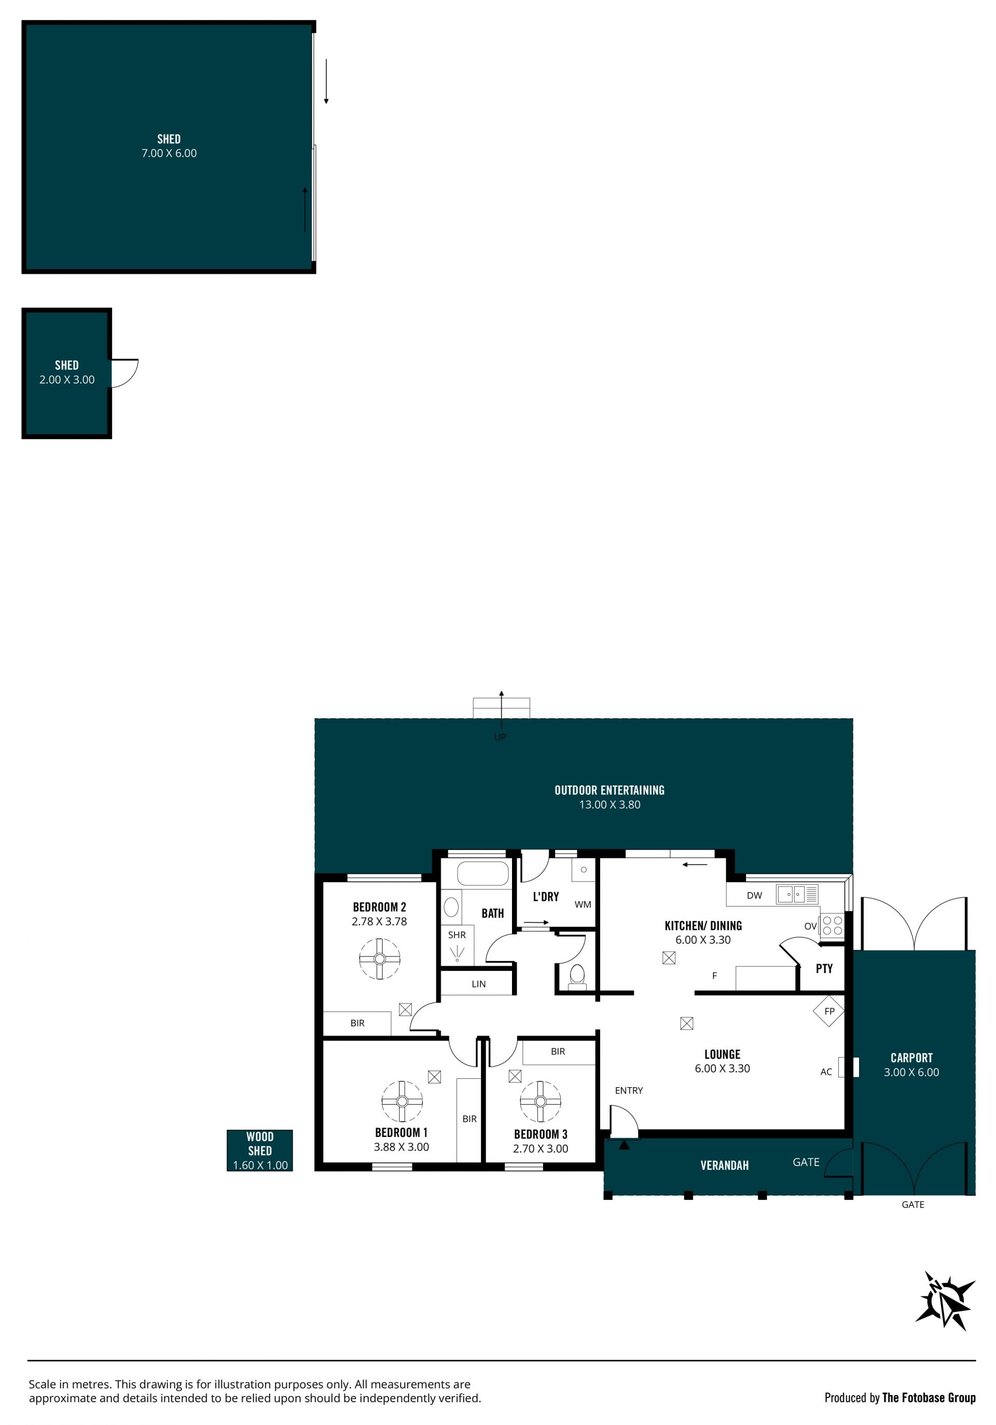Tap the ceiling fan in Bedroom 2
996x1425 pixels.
(380, 959)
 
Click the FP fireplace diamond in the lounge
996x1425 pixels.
(829, 1011)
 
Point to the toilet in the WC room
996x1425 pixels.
(577, 975)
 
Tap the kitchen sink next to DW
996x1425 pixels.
(797, 894)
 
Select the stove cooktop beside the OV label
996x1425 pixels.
(832, 925)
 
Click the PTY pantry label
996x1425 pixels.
(824, 969)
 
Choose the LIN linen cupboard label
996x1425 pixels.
(478, 984)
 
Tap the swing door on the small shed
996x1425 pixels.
(125, 373)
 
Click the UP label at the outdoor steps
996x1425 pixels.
(500, 737)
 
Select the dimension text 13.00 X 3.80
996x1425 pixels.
(610, 804)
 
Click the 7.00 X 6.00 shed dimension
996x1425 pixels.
(169, 153)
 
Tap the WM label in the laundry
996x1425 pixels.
(583, 905)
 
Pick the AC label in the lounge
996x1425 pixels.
(826, 1072)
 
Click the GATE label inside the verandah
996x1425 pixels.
(806, 1162)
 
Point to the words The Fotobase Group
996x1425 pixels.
(929, 1397)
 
